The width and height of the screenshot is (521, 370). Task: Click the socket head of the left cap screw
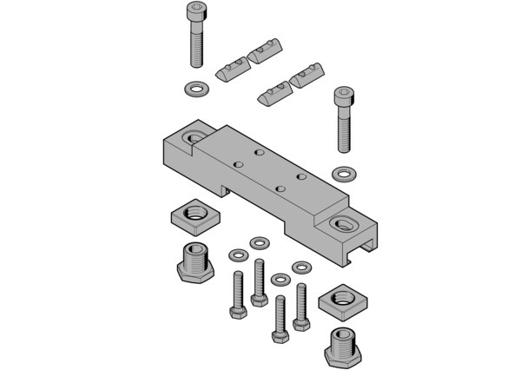coord(197,13)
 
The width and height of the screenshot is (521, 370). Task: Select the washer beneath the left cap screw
coord(196,89)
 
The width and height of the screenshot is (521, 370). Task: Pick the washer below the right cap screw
coord(345,170)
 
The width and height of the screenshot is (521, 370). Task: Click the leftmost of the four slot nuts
coord(229,68)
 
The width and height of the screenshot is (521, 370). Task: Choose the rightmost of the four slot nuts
coord(307,79)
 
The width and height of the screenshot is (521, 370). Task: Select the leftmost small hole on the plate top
coord(237,163)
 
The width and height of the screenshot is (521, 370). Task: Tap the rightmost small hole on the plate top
coord(300,176)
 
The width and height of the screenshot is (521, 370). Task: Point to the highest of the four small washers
coord(259,241)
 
